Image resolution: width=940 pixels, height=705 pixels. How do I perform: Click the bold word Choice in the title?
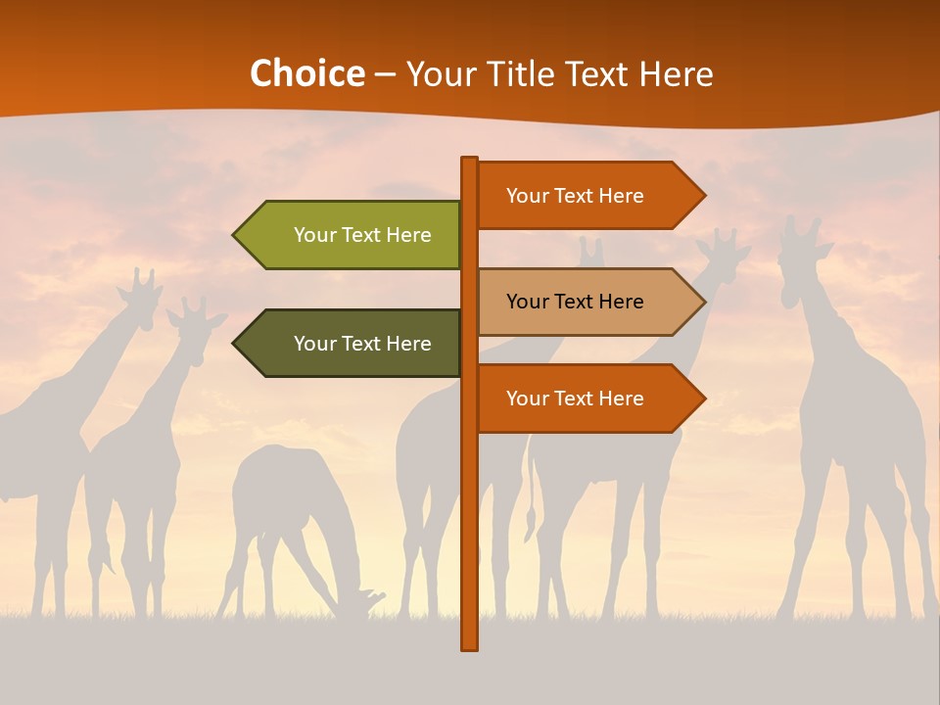[x=306, y=74]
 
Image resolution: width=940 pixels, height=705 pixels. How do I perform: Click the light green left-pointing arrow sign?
[x=352, y=235]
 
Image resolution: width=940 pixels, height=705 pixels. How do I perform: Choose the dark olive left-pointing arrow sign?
[x=352, y=344]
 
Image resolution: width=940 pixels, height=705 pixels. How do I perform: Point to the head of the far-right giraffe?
[x=800, y=245]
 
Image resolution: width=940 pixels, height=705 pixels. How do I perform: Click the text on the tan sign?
[x=575, y=302]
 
